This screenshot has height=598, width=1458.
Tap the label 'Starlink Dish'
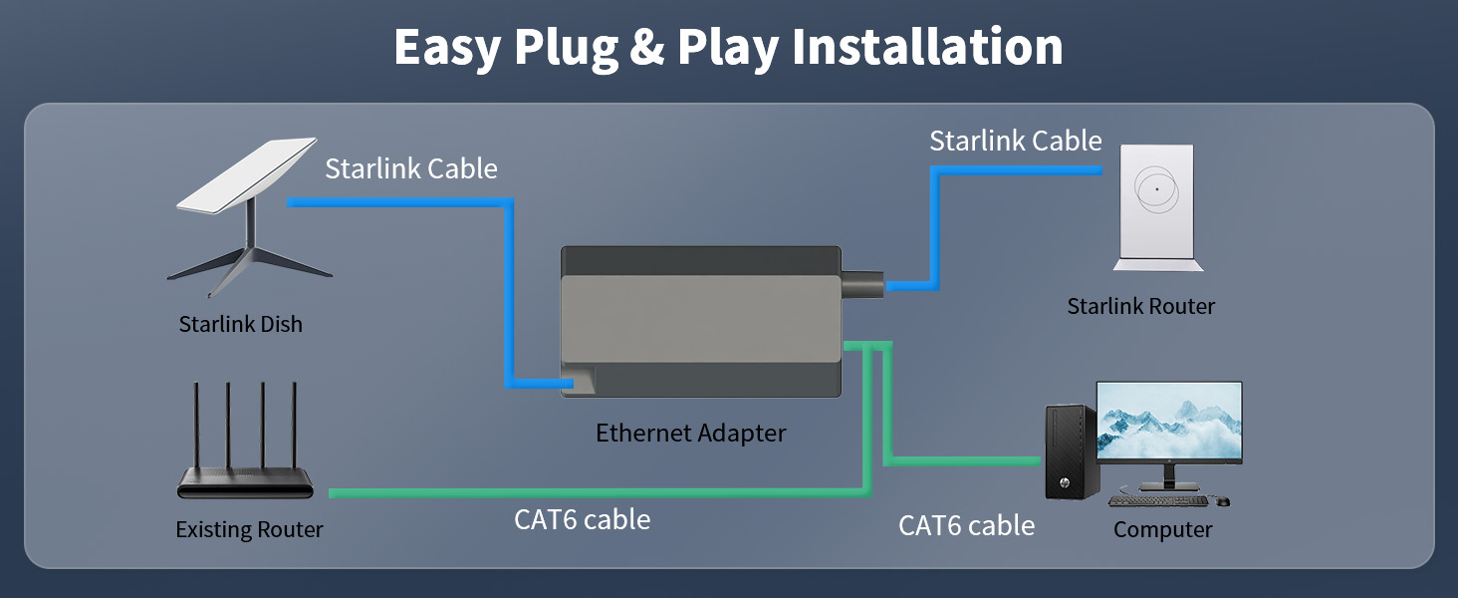pyautogui.click(x=240, y=324)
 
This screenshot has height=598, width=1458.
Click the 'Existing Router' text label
pyautogui.click(x=249, y=529)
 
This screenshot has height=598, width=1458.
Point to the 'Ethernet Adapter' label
pyautogui.click(x=690, y=433)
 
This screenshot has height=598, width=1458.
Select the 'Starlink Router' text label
pyautogui.click(x=1140, y=306)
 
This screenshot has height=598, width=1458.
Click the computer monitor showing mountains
pyautogui.click(x=1169, y=423)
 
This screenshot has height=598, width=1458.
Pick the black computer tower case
pyautogui.click(x=1071, y=450)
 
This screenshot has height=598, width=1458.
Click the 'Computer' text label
pyautogui.click(x=1162, y=529)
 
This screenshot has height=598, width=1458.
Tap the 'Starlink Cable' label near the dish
pyautogui.click(x=410, y=168)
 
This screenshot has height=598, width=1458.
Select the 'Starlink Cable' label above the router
pyautogui.click(x=1015, y=141)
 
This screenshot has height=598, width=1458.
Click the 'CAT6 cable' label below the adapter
pyautogui.click(x=582, y=519)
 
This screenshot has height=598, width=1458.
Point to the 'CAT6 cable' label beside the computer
pyautogui.click(x=966, y=525)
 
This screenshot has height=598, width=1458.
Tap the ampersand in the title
pyautogui.click(x=647, y=47)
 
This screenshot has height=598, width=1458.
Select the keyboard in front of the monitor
pyautogui.click(x=1159, y=500)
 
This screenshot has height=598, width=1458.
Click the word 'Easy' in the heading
pyautogui.click(x=448, y=47)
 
